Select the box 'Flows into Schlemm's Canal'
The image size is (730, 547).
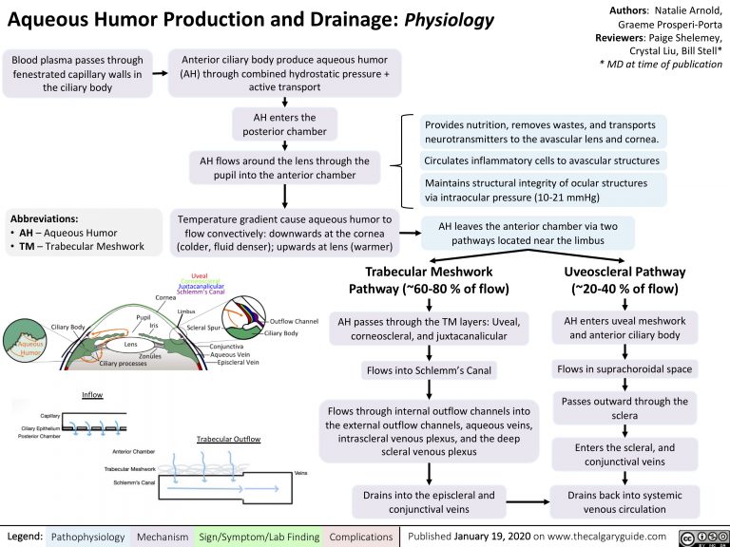tap(430, 369)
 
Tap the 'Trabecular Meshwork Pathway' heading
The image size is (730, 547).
tap(430, 278)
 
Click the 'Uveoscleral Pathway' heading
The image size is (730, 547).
tap(624, 278)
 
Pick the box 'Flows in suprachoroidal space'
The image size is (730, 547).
tap(624, 368)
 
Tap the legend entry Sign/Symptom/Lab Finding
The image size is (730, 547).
tap(259, 538)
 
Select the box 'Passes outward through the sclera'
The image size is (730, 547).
tap(624, 408)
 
